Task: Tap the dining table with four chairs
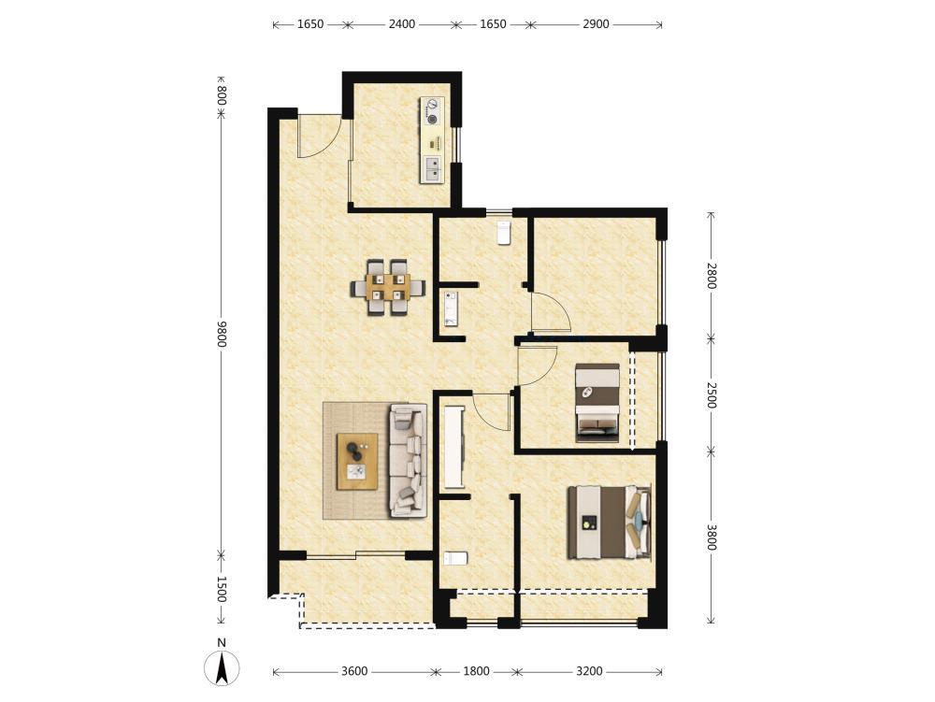coord(388,287)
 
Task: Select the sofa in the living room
coord(409,460)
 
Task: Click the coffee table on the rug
coord(357,461)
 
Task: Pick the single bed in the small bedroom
coord(597,403)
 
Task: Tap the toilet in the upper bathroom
coord(504,233)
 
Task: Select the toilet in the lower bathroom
coord(456,558)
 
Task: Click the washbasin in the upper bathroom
coord(451,308)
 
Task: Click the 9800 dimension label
coord(222,334)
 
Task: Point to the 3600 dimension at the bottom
coord(354,671)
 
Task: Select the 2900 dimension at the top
coord(596,24)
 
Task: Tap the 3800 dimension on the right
coord(711,537)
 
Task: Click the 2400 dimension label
coord(402,24)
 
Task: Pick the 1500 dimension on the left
coord(222,589)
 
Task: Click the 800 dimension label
coord(222,95)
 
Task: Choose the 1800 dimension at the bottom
coord(477,671)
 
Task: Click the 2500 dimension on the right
coord(711,394)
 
